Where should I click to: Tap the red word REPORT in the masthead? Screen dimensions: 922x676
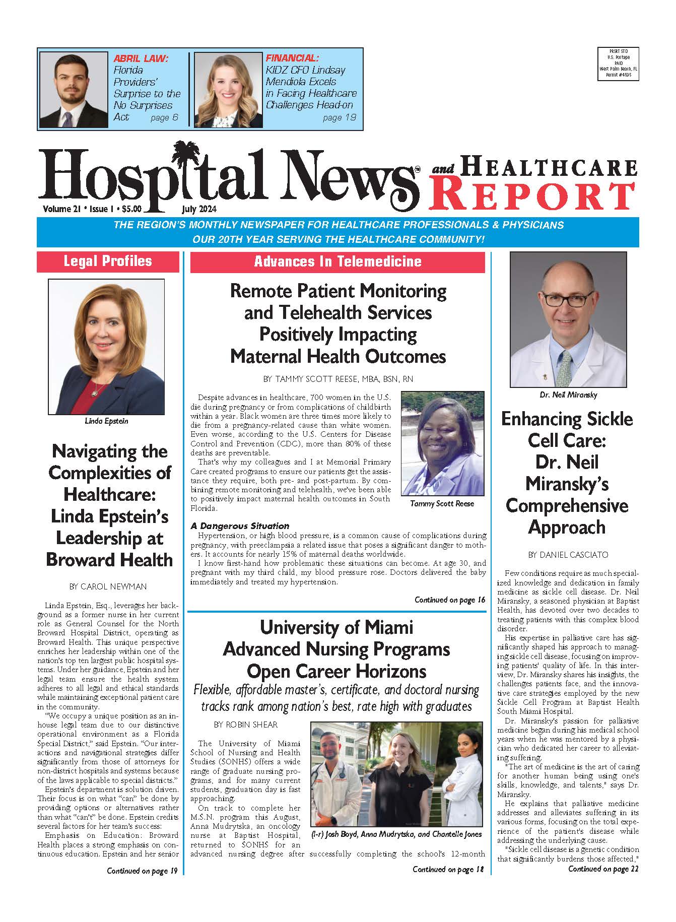[x=532, y=196]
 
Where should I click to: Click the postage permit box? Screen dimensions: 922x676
[x=618, y=64]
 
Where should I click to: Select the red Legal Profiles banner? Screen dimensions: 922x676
[x=108, y=261]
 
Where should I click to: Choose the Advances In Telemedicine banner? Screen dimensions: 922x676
[x=337, y=261]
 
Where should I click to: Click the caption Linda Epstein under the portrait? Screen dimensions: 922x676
[x=106, y=421]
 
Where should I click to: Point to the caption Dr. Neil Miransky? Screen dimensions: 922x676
[x=568, y=395]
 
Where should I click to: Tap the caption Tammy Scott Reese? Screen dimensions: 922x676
[x=442, y=503]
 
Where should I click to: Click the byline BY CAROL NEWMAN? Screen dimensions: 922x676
[x=108, y=586]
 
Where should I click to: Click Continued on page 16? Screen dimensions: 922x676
[x=449, y=600]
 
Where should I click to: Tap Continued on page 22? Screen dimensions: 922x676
[x=603, y=869]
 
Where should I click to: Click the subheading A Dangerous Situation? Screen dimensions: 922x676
[x=240, y=525]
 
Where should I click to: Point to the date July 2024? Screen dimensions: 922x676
[x=199, y=208]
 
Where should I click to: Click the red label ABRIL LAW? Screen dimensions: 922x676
[x=141, y=58]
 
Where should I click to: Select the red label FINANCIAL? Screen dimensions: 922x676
[x=292, y=58]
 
